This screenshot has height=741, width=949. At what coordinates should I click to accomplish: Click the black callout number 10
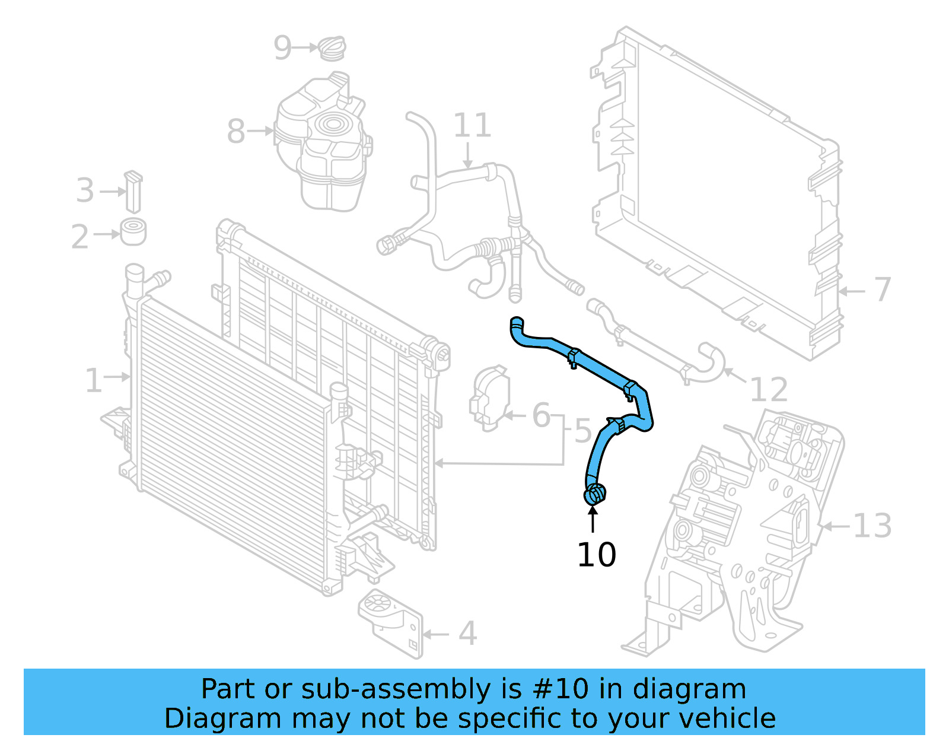(x=596, y=555)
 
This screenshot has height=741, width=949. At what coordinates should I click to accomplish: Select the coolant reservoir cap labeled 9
(x=332, y=48)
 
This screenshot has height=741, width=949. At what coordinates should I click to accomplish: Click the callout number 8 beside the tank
(x=236, y=131)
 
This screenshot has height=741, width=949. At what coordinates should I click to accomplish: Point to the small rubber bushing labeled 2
(x=133, y=232)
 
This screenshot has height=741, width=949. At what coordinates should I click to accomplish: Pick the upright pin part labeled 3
(x=133, y=192)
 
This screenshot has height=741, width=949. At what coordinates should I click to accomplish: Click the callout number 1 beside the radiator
(x=93, y=380)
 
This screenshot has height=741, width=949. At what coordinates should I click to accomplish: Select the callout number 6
(x=541, y=415)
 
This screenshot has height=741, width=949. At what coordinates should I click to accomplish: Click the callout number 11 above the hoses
(x=472, y=126)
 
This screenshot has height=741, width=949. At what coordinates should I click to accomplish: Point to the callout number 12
(x=769, y=390)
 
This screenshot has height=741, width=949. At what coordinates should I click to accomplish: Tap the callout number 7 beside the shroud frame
(x=883, y=290)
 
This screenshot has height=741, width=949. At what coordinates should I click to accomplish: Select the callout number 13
(x=872, y=526)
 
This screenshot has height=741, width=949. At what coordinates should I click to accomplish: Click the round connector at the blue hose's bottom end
(x=595, y=494)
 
